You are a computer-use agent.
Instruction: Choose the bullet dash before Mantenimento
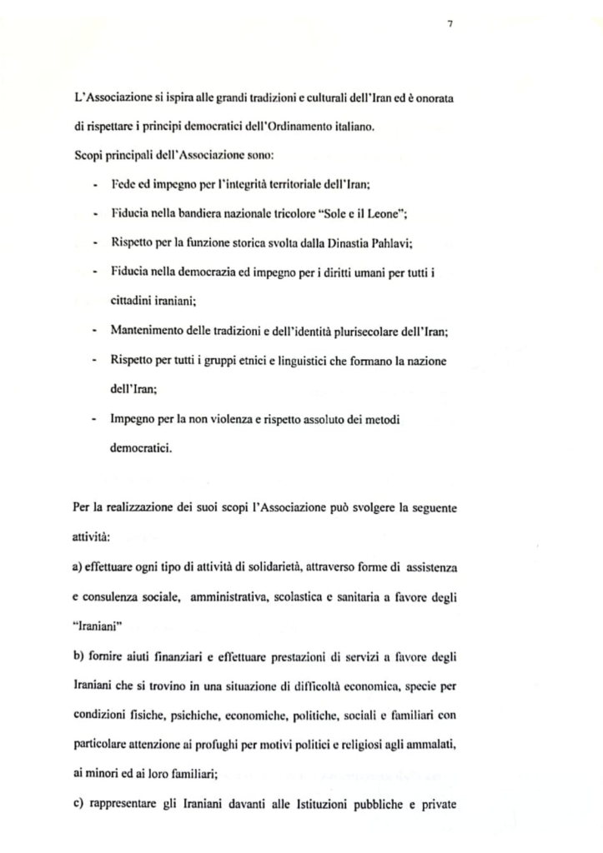95,331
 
